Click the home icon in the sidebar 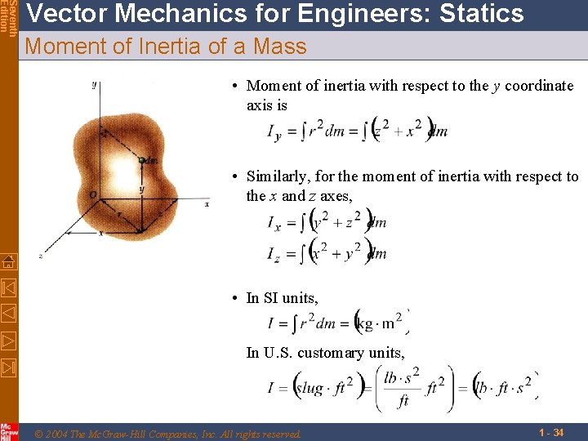8,262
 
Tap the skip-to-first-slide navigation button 8,287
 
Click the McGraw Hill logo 8,431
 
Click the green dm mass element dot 141,161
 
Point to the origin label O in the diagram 93,194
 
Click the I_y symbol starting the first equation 274,132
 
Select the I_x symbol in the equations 274,222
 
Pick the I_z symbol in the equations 274,254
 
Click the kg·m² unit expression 382,323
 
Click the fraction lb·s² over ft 402,388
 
